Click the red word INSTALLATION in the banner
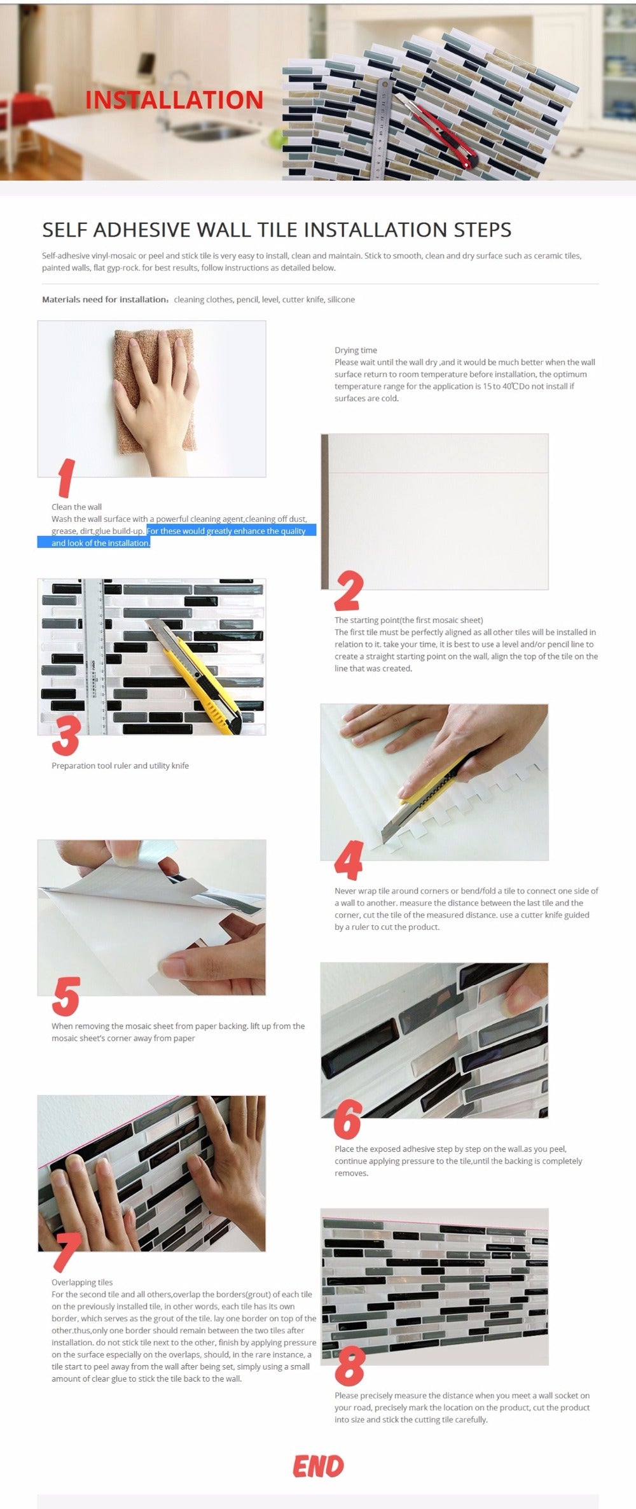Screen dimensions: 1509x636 tap(174, 100)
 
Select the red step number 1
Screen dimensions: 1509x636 tap(65, 478)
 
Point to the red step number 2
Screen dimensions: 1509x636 tap(349, 591)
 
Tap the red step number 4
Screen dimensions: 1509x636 tap(349, 860)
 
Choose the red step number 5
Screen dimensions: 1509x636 tap(66, 996)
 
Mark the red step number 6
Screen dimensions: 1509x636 tap(347, 1119)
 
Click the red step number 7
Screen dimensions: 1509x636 tap(66, 1251)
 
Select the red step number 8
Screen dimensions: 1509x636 tap(349, 1366)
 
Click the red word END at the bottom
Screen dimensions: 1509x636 tap(318, 1466)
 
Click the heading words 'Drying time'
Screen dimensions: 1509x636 tap(356, 350)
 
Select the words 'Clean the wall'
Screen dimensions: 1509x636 tap(76, 507)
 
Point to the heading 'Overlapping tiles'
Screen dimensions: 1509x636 tap(82, 1282)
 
